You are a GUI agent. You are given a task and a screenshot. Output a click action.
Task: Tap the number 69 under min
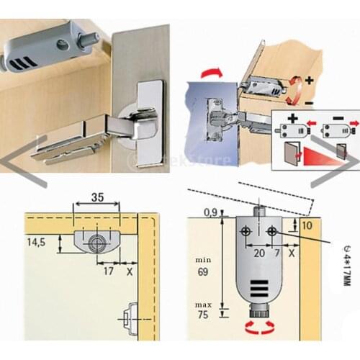(204, 274)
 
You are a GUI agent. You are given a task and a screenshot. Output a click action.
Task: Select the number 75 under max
(204, 315)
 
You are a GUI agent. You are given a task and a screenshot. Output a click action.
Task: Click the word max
(204, 301)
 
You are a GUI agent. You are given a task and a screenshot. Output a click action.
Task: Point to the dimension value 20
(258, 253)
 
